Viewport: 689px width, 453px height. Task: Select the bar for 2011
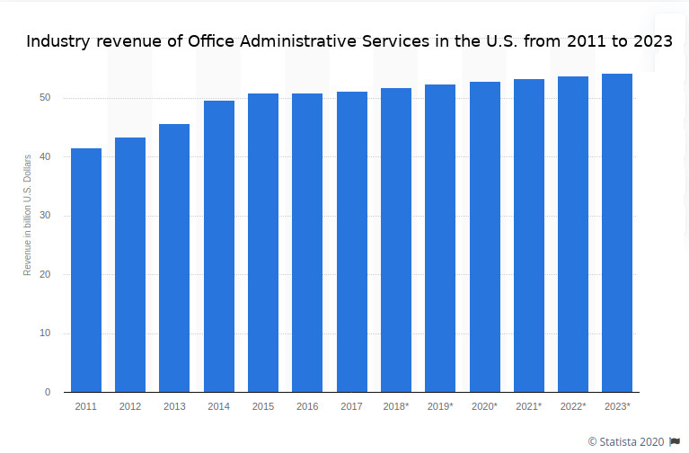coord(86,270)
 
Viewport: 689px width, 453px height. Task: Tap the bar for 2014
coord(219,246)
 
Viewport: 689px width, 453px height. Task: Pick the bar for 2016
coord(307,243)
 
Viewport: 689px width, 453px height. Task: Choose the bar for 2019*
coord(440,238)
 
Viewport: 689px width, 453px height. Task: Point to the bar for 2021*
coord(529,235)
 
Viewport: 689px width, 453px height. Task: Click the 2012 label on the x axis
coord(130,407)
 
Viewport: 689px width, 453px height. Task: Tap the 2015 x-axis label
coord(263,407)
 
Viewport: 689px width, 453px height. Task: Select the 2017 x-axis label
coord(351,407)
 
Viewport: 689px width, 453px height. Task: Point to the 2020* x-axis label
coord(484,407)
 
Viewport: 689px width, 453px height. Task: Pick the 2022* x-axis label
coord(572,407)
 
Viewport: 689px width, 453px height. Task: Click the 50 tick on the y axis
coord(46,98)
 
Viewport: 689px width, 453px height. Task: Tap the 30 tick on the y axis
coord(46,216)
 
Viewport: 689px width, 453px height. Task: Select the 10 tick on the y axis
coord(46,333)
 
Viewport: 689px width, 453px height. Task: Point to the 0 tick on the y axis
coord(49,393)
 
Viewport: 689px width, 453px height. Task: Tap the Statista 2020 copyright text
coord(627,441)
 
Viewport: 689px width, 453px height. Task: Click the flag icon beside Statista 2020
coord(676,441)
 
